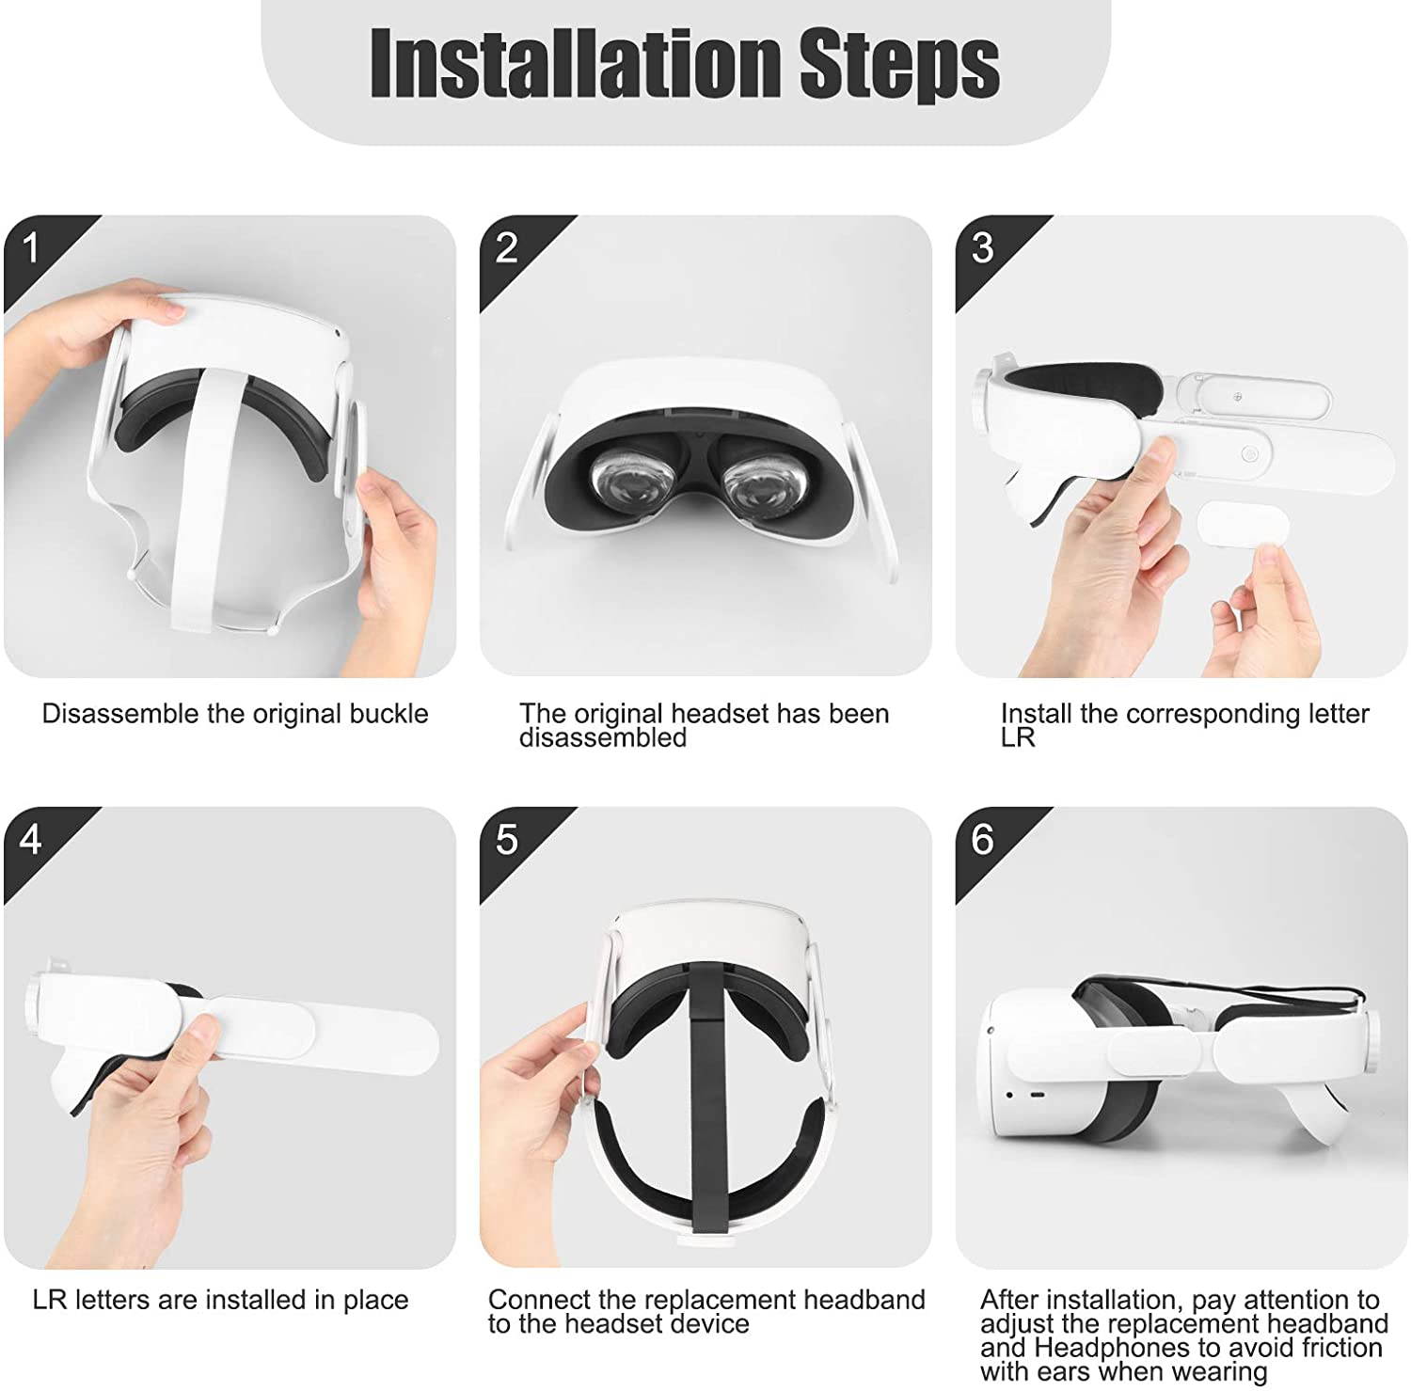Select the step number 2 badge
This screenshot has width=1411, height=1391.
point(507,248)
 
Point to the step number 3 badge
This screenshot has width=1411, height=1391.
point(983,248)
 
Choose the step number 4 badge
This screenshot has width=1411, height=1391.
point(31,839)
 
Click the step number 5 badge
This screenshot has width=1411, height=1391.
point(507,839)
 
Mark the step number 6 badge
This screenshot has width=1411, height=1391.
point(983,839)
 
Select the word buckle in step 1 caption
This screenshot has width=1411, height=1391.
point(388,714)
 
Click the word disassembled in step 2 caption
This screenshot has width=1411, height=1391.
point(603,738)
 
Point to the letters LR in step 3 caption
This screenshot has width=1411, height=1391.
point(1018,738)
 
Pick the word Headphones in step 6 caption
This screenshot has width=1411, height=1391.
point(1114,1348)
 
